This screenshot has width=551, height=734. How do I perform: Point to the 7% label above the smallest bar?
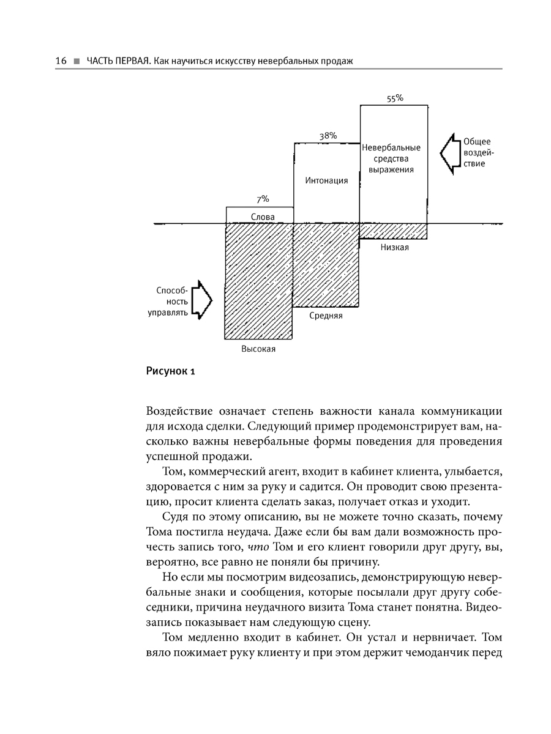click(x=263, y=199)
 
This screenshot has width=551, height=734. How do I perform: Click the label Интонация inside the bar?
click(x=326, y=180)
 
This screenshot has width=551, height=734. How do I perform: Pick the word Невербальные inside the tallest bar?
click(x=391, y=148)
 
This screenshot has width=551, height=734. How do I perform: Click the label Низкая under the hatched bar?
click(x=395, y=248)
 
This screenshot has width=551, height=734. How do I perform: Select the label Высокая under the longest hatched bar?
click(x=258, y=349)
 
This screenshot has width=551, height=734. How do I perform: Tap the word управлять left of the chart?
click(x=166, y=313)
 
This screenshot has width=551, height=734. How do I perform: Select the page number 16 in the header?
click(x=60, y=61)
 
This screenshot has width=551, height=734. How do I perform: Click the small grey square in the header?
click(x=76, y=61)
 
